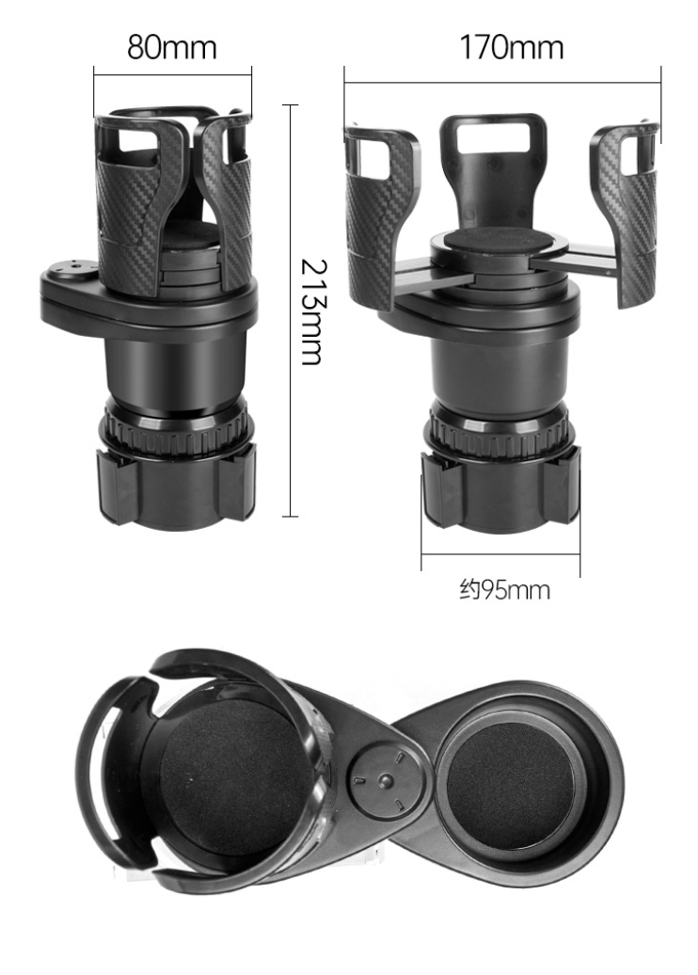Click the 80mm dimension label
pyautogui.click(x=172, y=46)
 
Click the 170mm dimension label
pyautogui.click(x=511, y=46)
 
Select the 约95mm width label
pyautogui.click(x=504, y=590)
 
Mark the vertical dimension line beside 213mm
pyautogui.click(x=290, y=311)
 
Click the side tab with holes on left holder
pyautogui.click(x=68, y=276)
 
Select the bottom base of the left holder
pyautogui.click(x=176, y=488)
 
